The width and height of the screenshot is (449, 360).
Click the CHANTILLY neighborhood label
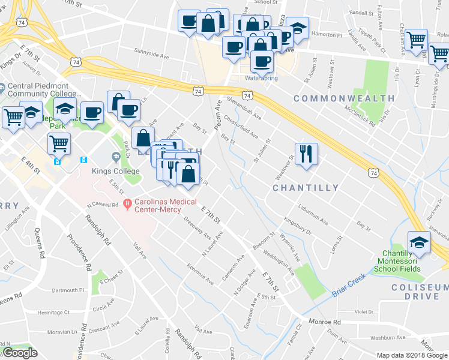(x=306, y=188)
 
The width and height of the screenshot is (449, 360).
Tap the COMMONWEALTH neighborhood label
(x=344, y=98)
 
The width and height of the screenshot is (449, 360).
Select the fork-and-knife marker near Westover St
(x=306, y=154)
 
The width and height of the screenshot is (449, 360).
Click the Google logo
(x=20, y=353)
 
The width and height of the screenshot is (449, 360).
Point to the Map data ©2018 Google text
(x=411, y=355)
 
